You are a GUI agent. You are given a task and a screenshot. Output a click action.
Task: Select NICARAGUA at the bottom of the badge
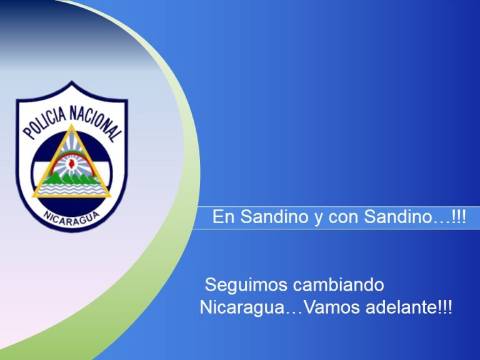point(72,218)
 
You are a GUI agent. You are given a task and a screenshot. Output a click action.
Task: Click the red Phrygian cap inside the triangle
point(72,164)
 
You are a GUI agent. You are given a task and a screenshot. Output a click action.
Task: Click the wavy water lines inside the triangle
point(72,189)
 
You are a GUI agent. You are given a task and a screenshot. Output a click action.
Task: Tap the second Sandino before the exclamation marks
point(398,217)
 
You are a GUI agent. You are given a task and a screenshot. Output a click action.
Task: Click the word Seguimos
point(246,285)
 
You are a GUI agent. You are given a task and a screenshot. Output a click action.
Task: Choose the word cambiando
point(338,285)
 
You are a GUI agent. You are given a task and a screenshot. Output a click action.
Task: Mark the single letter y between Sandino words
point(319,219)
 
